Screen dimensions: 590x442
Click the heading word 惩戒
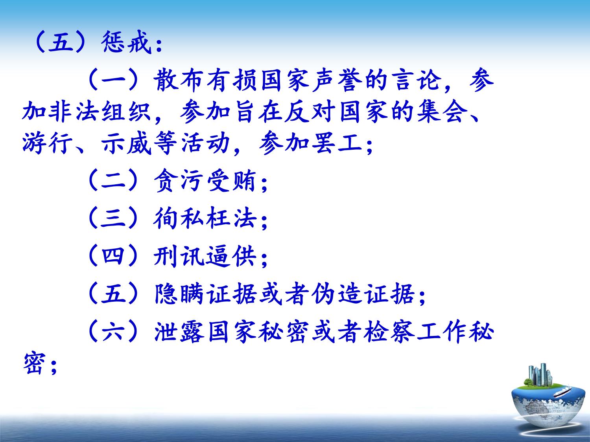[x=126, y=42]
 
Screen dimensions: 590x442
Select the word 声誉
[x=337, y=80]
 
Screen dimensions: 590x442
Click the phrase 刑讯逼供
[x=205, y=255]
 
